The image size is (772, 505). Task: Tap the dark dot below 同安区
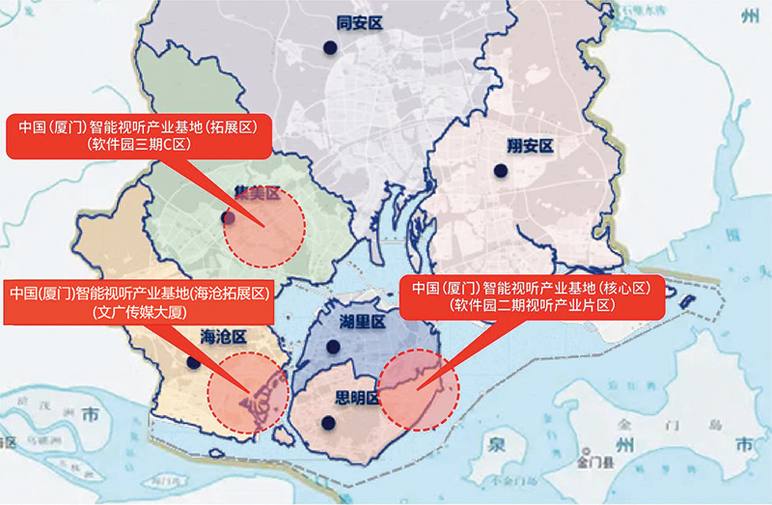pyautogui.click(x=330, y=46)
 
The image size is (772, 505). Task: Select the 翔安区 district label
pyautogui.click(x=529, y=147)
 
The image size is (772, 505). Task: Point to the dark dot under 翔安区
pyautogui.click(x=500, y=171)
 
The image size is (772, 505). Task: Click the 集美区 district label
pyautogui.click(x=257, y=193)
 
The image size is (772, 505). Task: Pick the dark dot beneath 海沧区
pyautogui.click(x=194, y=363)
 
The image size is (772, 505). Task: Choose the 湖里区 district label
pyautogui.click(x=363, y=322)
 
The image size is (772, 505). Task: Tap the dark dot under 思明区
pyautogui.click(x=328, y=422)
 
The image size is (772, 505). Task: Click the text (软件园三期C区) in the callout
pyautogui.click(x=141, y=144)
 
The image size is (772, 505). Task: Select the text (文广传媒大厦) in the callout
pyautogui.click(x=139, y=312)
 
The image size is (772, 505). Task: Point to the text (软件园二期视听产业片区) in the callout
pyautogui.click(x=533, y=304)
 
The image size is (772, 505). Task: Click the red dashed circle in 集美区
pyautogui.click(x=263, y=227)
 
